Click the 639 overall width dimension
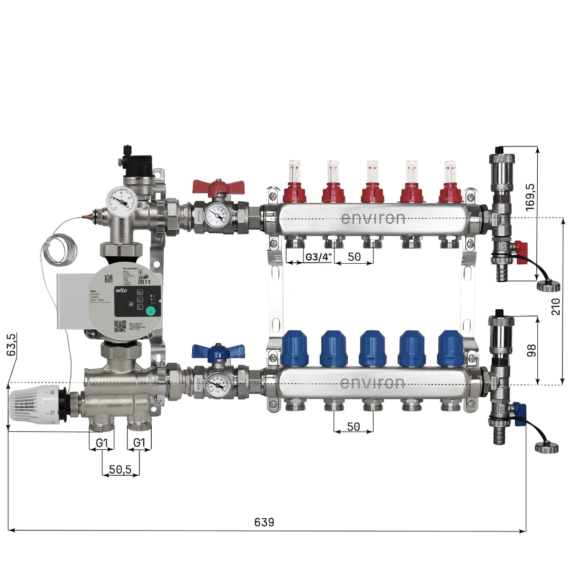click(x=264, y=522)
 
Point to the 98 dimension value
click(x=532, y=350)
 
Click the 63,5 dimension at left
click(x=12, y=345)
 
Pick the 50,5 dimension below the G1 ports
click(x=120, y=470)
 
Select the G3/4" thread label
click(x=318, y=257)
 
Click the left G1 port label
click(x=101, y=443)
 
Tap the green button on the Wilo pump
click(x=150, y=312)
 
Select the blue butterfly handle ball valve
click(x=218, y=352)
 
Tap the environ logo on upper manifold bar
click(x=373, y=218)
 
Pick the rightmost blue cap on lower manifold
click(x=450, y=348)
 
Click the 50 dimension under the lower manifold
click(x=354, y=427)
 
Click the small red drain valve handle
click(x=522, y=248)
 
